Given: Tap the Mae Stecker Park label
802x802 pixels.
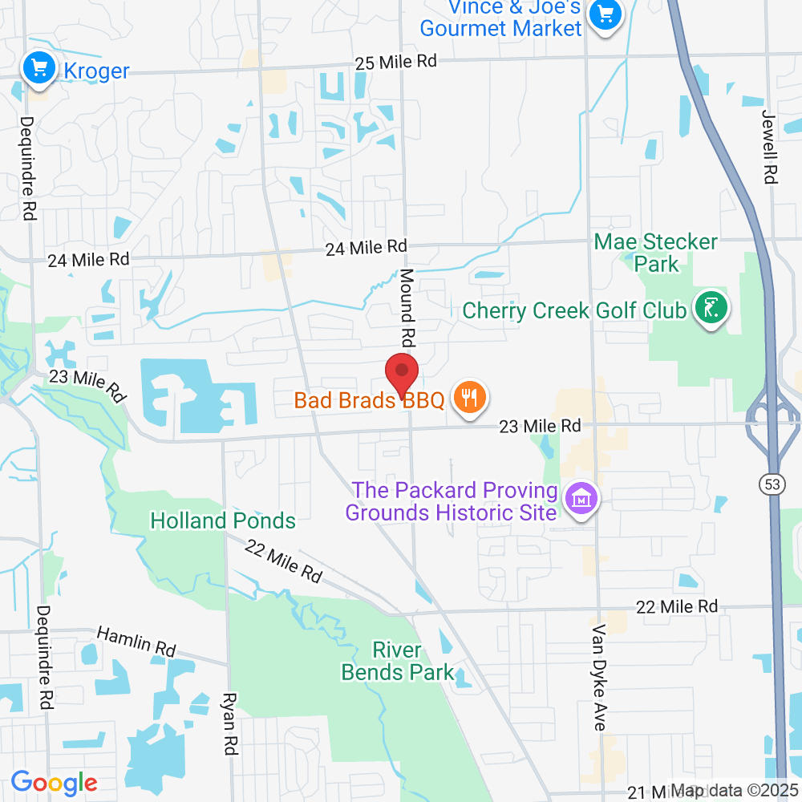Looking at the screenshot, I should [x=656, y=252].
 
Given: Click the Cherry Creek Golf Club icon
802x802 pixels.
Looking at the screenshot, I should [x=711, y=308].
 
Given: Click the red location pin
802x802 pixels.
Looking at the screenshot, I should [x=402, y=375].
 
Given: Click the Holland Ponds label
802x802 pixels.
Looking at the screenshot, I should [x=223, y=521].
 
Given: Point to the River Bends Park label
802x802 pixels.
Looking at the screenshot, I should [x=398, y=661].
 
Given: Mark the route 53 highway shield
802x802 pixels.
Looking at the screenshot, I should [x=772, y=484].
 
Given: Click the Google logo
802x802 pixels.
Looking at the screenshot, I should [x=54, y=782].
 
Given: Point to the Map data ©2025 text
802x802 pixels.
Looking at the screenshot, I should [x=733, y=790].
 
